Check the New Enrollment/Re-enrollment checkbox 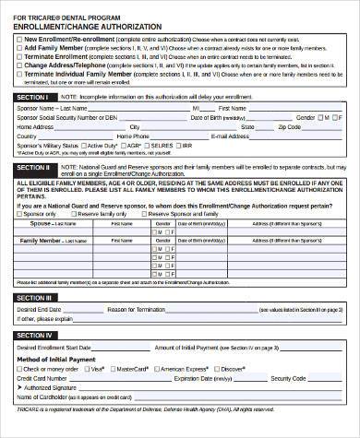(18, 40)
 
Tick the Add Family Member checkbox (18, 49)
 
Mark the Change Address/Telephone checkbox (18, 65)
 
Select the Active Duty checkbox (82, 146)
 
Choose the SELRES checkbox (150, 146)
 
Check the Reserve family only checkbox (80, 212)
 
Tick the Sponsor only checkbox (20, 212)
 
